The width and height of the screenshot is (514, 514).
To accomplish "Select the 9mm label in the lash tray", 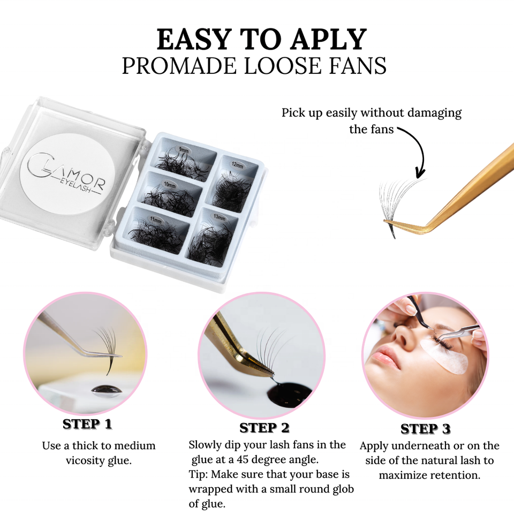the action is [184, 150].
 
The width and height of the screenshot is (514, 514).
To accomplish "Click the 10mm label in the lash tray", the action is [170, 185].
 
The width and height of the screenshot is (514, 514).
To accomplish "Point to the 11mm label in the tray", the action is [156, 220].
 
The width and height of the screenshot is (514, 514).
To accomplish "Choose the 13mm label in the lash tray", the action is [220, 217].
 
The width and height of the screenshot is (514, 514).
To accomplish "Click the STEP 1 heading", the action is [87, 424].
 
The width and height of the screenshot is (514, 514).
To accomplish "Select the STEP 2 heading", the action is [264, 428].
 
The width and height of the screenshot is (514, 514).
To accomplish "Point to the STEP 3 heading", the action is [426, 428].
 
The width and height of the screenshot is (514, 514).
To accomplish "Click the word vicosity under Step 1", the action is [86, 460].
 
